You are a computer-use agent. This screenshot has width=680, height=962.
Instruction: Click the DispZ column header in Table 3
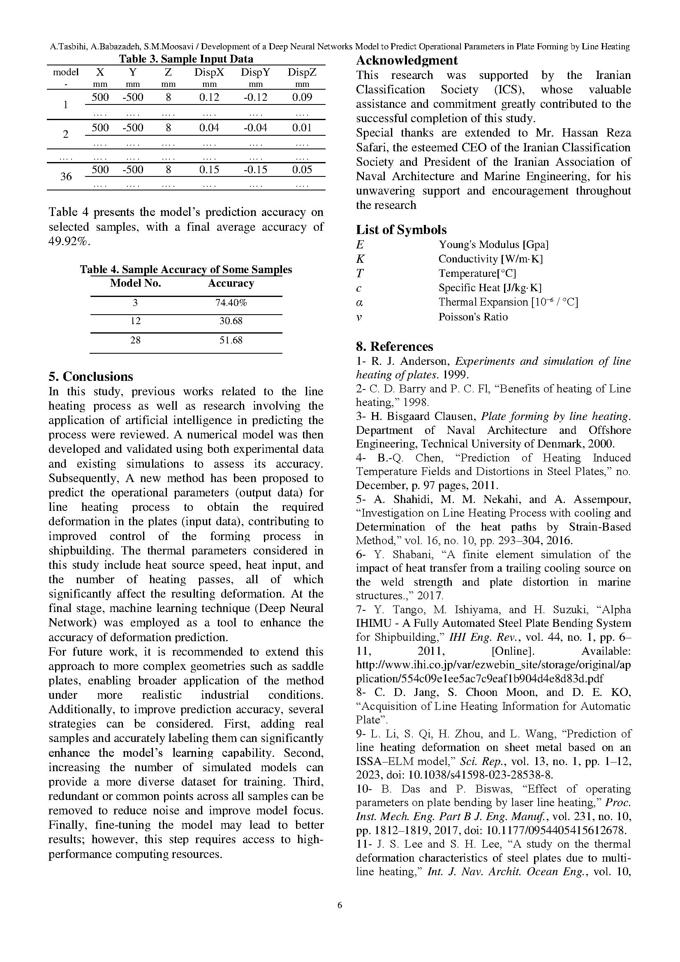click(301, 72)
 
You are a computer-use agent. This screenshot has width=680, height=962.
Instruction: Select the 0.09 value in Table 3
click(302, 97)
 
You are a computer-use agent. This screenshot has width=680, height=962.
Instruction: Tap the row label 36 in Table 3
click(66, 176)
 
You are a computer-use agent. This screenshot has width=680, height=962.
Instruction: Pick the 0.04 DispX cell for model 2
click(209, 128)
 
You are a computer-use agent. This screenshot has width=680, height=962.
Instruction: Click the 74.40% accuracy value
click(231, 303)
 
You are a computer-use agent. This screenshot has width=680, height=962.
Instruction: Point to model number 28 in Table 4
click(135, 340)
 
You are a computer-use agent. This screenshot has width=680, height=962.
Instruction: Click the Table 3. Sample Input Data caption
click(186, 59)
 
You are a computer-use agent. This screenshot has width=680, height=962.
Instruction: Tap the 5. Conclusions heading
click(90, 376)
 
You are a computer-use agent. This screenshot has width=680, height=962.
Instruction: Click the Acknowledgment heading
click(407, 60)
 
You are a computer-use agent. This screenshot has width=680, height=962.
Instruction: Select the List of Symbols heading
click(401, 229)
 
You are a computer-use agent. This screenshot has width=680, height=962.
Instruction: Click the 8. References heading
click(394, 346)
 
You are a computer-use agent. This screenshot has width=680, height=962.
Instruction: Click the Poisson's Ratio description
click(473, 317)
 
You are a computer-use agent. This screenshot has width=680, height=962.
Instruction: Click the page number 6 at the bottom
click(340, 905)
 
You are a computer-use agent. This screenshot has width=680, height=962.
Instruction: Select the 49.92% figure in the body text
click(69, 242)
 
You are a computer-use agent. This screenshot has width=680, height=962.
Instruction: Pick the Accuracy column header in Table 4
click(231, 284)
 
